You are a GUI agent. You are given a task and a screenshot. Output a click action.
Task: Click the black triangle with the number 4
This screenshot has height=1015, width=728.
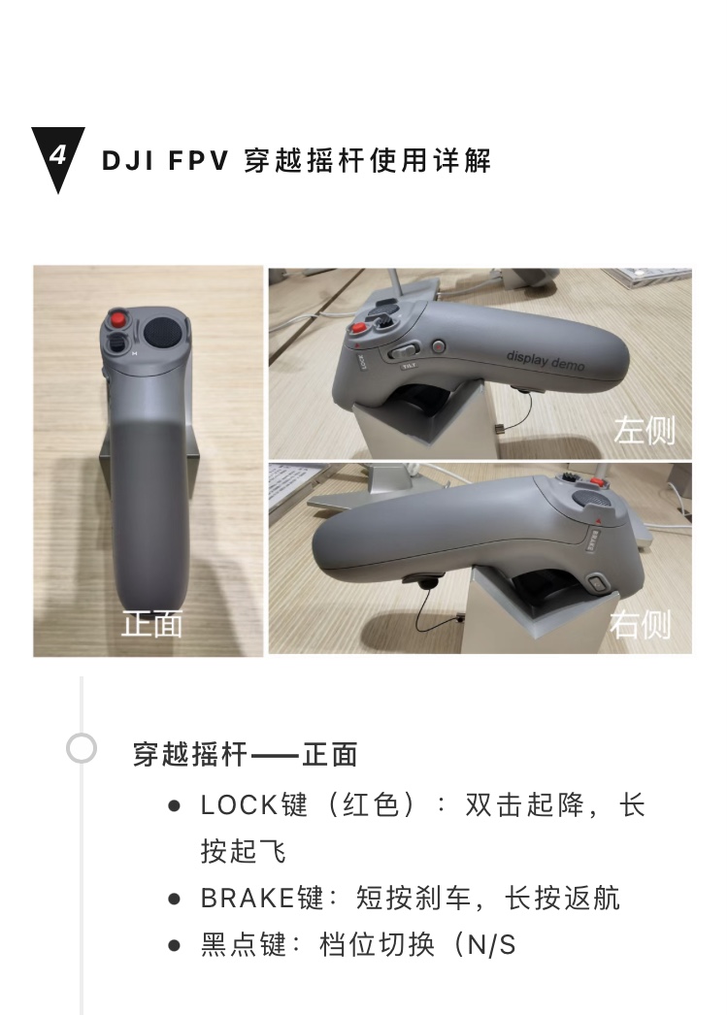(x=57, y=155)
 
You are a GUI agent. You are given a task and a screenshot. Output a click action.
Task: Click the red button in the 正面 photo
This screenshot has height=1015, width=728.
(x=117, y=320)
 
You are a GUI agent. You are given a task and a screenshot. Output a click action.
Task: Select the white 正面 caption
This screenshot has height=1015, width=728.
(x=152, y=623)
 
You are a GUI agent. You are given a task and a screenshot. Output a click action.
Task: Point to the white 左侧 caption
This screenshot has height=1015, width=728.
(x=644, y=431)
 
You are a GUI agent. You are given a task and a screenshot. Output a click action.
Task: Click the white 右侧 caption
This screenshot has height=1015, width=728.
(x=640, y=624)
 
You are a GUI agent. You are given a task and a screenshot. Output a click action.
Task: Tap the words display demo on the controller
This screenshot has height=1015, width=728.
(x=546, y=360)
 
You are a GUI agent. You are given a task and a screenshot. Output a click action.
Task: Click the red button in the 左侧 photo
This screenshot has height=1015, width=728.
(x=357, y=328)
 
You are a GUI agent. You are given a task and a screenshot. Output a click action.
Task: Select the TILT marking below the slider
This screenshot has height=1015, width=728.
(x=409, y=367)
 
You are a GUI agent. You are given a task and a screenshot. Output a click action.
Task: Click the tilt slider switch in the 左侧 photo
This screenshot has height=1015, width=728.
(x=403, y=352)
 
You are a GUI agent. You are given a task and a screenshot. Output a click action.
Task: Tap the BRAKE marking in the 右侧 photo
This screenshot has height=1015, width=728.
(x=591, y=541)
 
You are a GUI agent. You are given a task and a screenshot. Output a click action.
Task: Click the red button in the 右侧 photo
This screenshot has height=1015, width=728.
(x=597, y=481)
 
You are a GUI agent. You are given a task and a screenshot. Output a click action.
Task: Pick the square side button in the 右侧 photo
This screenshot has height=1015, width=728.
(x=597, y=584)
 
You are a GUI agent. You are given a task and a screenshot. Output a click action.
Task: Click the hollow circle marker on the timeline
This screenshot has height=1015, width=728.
(x=82, y=748)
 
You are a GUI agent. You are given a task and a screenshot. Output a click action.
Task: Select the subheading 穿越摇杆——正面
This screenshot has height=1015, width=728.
(x=245, y=755)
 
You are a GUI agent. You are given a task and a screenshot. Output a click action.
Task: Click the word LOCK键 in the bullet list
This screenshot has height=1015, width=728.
(x=254, y=805)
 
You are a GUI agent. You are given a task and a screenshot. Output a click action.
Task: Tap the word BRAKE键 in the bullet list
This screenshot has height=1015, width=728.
(x=262, y=898)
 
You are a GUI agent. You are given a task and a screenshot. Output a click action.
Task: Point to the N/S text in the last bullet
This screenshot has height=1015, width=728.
(x=491, y=945)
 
